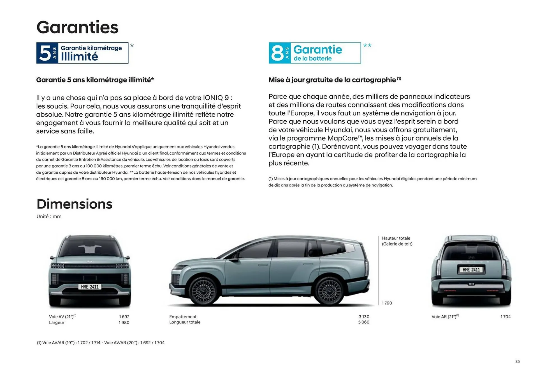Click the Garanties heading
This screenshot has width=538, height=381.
77,27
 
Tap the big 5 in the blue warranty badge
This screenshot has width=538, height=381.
45,53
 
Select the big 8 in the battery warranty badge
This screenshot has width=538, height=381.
277,53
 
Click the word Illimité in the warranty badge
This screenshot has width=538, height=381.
79,57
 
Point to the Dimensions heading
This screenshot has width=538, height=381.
74,204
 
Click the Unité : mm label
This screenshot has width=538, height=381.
49,217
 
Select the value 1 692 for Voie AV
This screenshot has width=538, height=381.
124,317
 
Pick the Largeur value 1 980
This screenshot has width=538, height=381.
124,323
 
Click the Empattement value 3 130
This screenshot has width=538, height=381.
364,317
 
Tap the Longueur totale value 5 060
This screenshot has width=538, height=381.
363,322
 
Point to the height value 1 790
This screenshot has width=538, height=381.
387,303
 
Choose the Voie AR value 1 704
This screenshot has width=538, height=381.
505,317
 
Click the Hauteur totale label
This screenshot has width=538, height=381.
396,238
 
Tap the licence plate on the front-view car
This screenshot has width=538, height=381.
90,287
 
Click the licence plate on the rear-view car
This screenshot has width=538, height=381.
471,270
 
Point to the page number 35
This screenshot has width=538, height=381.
517,362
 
